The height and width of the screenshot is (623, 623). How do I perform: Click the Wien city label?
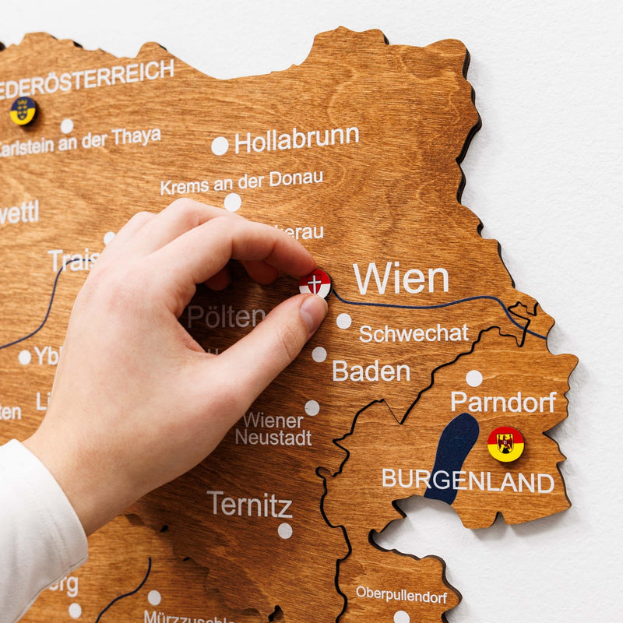tap(400, 279)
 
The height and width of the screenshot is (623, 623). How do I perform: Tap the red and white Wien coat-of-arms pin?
tap(315, 283)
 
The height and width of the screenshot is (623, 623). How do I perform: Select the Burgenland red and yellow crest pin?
tap(505, 444)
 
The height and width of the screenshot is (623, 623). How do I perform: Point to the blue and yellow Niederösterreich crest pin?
tap(23, 111)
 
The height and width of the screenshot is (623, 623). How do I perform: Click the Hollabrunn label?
tap(296, 140)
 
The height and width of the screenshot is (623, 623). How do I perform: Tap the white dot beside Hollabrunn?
tap(220, 146)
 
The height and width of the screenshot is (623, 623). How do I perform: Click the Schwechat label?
tap(414, 333)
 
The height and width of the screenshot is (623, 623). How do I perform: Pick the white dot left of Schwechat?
tap(343, 321)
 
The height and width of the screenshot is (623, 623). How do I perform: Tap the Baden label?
tap(371, 371)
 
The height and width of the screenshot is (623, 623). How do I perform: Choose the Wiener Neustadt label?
tap(273, 429)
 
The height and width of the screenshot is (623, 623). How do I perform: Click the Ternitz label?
tap(249, 505)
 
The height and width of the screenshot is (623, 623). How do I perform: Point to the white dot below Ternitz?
tap(285, 531)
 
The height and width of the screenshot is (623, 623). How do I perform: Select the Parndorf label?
tap(503, 402)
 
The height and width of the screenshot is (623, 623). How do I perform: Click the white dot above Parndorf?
tap(473, 378)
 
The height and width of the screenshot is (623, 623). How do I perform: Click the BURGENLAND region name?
tap(467, 480)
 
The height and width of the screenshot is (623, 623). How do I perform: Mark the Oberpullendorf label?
tap(401, 597)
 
